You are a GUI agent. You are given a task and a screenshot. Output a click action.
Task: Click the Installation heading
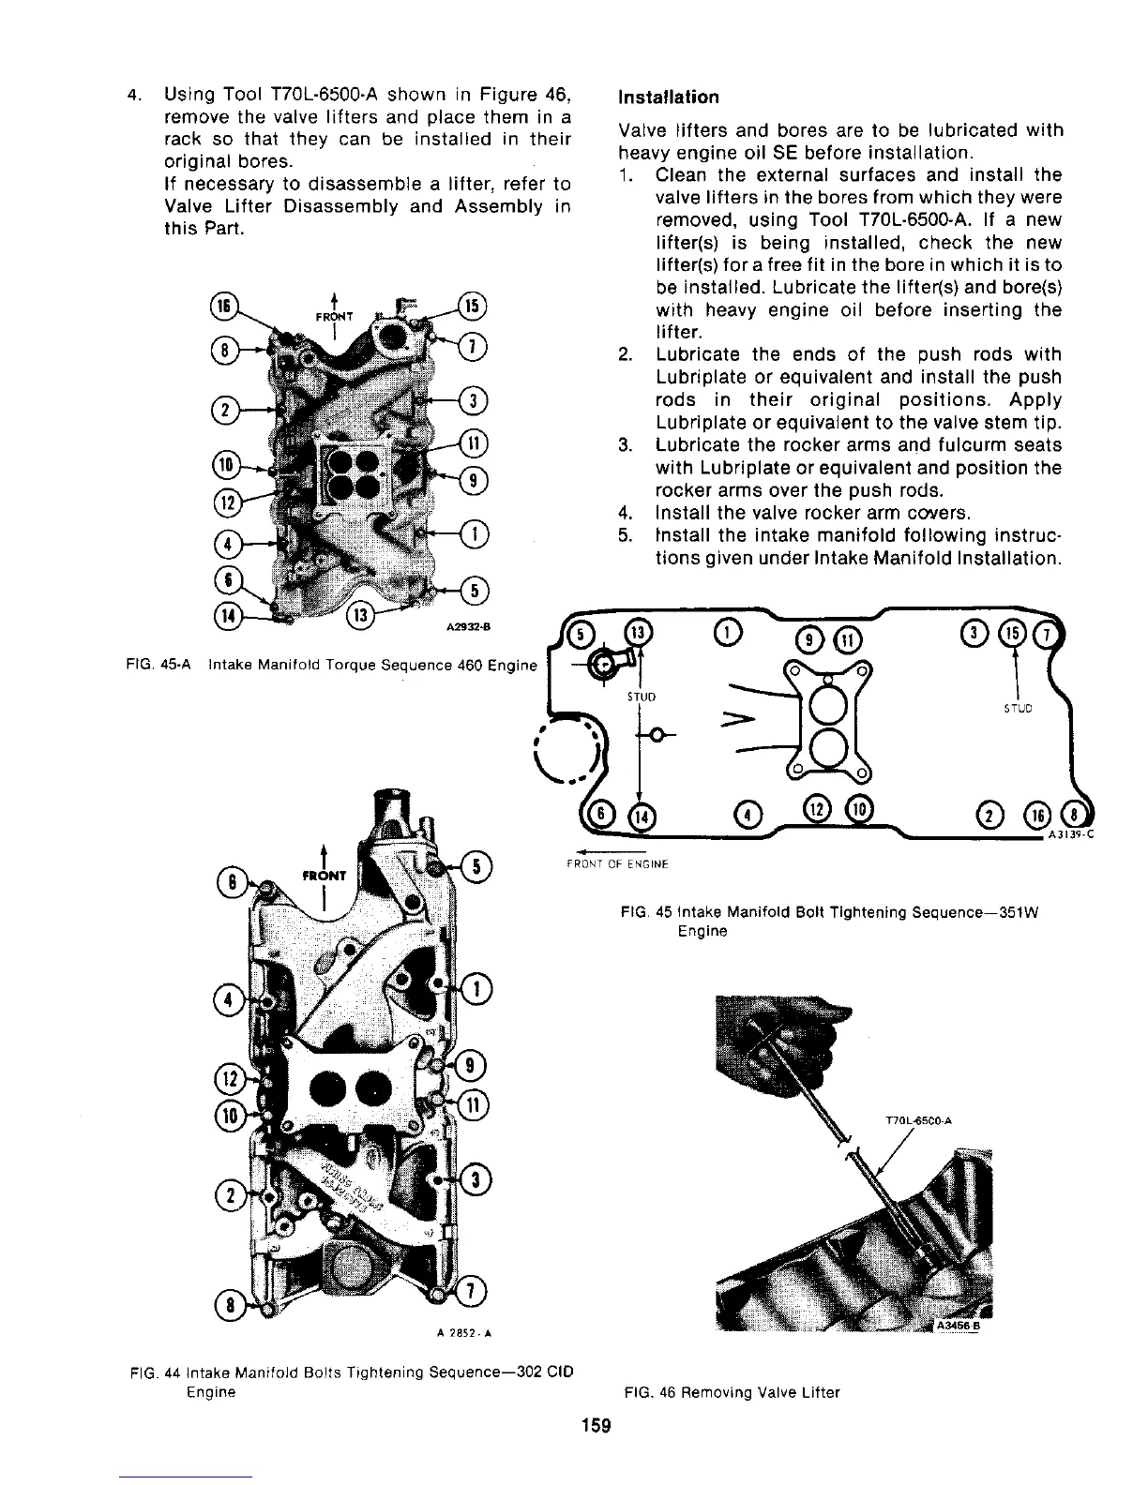(x=668, y=97)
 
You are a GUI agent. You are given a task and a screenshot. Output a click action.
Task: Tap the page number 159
(x=596, y=1426)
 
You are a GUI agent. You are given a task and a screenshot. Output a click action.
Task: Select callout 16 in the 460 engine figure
(x=225, y=307)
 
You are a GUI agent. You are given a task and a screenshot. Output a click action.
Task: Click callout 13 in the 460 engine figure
(x=361, y=615)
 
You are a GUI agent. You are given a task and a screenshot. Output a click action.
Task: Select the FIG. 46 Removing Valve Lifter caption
(x=732, y=1392)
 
